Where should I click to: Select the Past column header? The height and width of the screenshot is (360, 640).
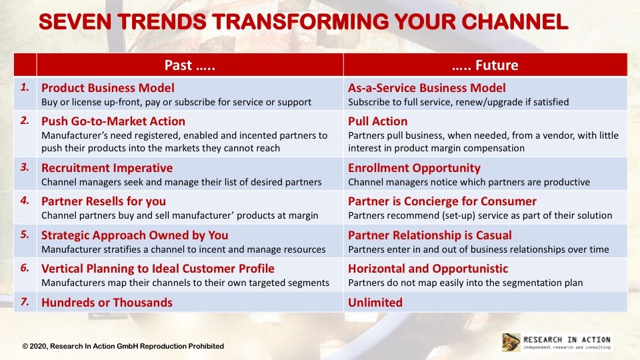pos(189,65)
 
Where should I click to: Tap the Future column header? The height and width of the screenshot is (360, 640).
pos(485,65)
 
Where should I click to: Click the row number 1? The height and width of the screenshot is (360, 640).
pos(25,87)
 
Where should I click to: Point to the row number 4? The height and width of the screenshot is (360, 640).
pos(25,201)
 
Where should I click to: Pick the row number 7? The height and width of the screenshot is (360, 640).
pos(25,301)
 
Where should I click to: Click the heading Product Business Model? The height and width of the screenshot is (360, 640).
pos(108,88)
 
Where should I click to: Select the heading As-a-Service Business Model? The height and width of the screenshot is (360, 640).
pos(427,88)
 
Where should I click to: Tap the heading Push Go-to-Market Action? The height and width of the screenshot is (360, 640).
pos(113,121)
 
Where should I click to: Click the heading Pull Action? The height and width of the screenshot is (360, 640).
pos(377,121)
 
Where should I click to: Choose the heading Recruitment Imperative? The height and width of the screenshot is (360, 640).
pos(107,168)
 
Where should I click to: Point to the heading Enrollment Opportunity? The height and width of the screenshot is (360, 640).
pos(414,168)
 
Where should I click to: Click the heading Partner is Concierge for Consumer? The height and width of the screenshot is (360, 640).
pos(442,201)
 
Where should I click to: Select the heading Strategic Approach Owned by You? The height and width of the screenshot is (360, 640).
pos(135,235)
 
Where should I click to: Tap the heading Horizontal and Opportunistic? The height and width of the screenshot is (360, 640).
pos(428,269)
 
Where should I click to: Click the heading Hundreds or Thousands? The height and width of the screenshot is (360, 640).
pos(107,303)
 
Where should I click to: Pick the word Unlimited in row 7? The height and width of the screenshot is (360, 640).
pos(375,303)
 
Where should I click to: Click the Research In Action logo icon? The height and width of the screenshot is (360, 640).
pos(511,343)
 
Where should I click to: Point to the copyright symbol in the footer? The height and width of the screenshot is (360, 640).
pos(25,346)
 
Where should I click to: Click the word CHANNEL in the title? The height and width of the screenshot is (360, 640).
pos(515,22)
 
